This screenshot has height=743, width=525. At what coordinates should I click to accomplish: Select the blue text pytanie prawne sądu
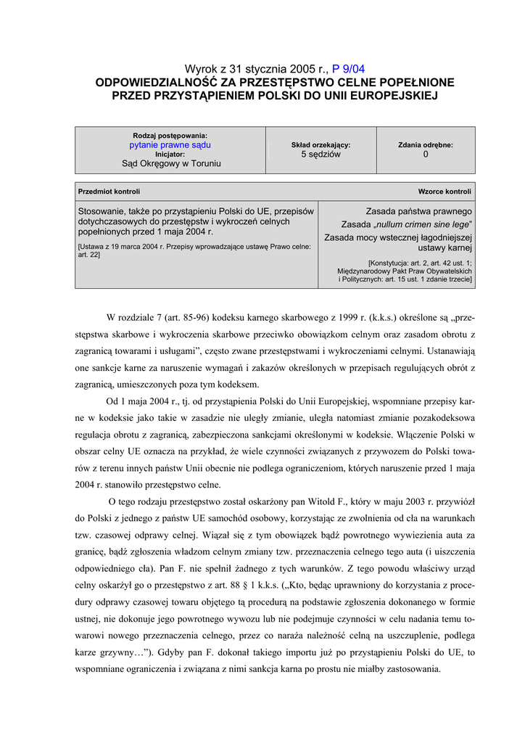click(x=170, y=144)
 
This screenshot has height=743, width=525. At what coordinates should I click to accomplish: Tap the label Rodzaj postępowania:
click(x=170, y=136)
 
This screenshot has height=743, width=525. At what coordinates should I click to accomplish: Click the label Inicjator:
click(x=170, y=154)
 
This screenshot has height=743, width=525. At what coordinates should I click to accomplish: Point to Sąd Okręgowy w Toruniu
click(x=170, y=164)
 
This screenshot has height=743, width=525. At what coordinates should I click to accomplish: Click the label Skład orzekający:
click(x=321, y=144)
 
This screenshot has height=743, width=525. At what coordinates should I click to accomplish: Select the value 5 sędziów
click(x=321, y=155)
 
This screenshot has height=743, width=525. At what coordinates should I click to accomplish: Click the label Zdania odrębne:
click(x=426, y=144)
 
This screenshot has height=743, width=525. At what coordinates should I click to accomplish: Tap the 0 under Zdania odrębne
click(x=426, y=155)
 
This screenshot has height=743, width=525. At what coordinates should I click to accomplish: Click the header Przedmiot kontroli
click(x=109, y=192)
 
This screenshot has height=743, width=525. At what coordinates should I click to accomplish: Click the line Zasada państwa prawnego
click(x=418, y=211)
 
